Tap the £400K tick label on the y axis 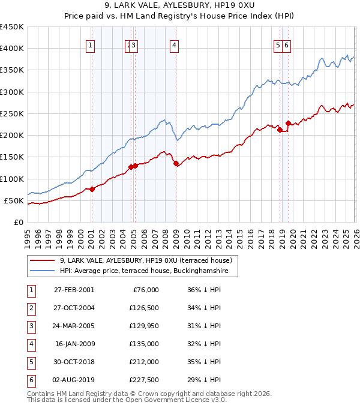pyautogui.click(x=12, y=49)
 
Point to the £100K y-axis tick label pyautogui.click(x=12, y=179)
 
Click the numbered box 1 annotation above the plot pyautogui.click(x=90, y=44)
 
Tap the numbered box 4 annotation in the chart pyautogui.click(x=173, y=44)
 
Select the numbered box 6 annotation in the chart pyautogui.click(x=287, y=44)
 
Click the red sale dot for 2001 pyautogui.click(x=92, y=189)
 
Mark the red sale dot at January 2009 pyautogui.click(x=176, y=163)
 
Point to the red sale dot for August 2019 pyautogui.click(x=288, y=123)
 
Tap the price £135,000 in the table pyautogui.click(x=145, y=344)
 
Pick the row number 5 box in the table pyautogui.click(x=30, y=362)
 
